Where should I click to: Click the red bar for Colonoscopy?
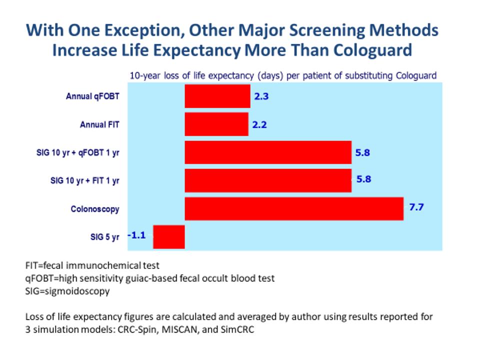(x=294, y=208)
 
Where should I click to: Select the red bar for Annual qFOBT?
(x=217, y=96)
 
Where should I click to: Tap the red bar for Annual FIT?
(x=216, y=124)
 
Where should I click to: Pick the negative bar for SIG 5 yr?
(x=168, y=236)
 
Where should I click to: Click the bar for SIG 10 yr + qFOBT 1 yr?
(x=268, y=152)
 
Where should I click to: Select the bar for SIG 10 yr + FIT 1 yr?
(x=268, y=180)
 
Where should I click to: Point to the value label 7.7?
(x=416, y=206)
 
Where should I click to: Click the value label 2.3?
(x=261, y=97)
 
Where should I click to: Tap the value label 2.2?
(x=259, y=124)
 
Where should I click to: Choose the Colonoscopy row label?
(x=94, y=209)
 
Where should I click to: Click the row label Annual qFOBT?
(x=92, y=96)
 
